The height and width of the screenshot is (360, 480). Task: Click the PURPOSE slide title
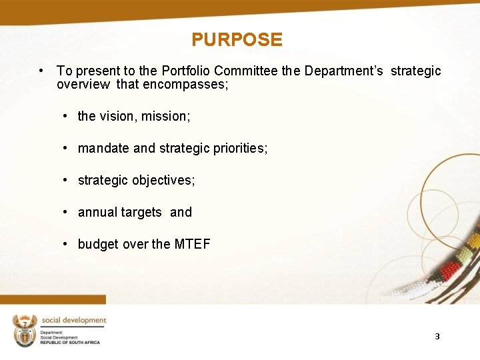(x=237, y=40)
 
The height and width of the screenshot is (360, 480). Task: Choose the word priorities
(x=241, y=148)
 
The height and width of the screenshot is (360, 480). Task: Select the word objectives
(x=163, y=180)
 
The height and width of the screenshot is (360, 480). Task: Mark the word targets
(x=141, y=212)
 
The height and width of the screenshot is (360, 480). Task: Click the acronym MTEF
(x=192, y=244)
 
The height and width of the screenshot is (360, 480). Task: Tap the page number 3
(x=437, y=337)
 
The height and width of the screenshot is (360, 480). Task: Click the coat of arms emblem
(x=25, y=329)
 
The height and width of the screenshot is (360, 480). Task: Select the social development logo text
(x=73, y=321)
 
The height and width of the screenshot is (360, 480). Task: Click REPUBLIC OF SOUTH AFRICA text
(x=70, y=342)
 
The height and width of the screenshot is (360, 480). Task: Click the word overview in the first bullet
(x=83, y=85)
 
